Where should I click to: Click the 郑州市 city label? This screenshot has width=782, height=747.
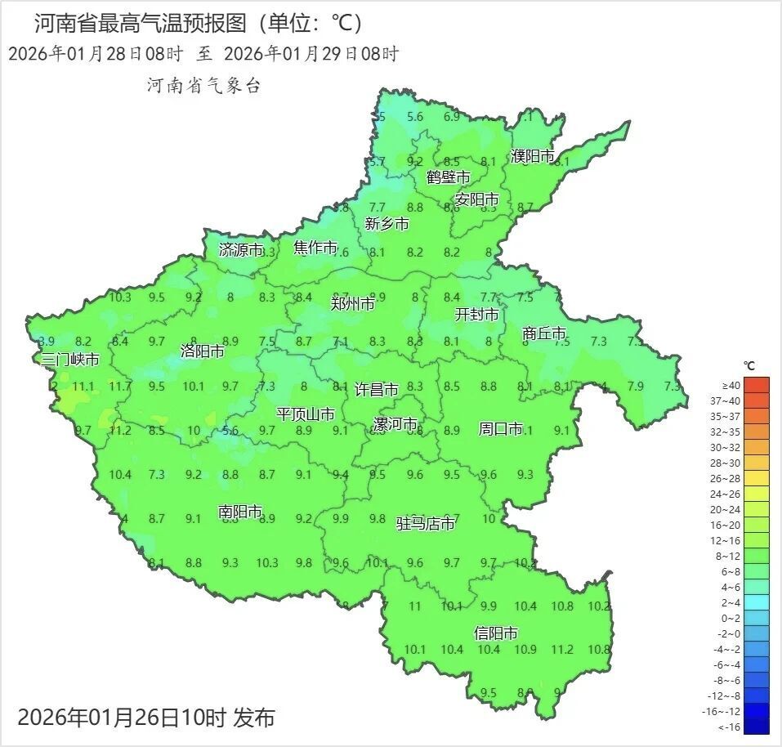[x=353, y=303]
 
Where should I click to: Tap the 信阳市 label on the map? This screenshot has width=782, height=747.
[x=496, y=633]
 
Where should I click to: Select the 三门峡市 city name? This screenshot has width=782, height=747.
[x=71, y=360]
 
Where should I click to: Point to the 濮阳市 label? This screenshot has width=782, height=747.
[x=533, y=156]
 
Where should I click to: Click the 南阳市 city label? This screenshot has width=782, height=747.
[x=240, y=512]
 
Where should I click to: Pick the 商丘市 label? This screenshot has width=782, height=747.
[x=544, y=333]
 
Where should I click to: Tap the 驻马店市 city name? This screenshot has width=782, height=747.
[x=426, y=524]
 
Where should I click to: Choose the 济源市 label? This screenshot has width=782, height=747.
[x=242, y=250]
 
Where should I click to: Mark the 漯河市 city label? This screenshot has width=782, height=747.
[x=395, y=425]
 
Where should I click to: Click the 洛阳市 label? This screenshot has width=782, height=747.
[x=203, y=351]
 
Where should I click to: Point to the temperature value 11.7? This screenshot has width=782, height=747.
[x=120, y=386]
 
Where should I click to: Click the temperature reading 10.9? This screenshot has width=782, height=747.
[x=526, y=650]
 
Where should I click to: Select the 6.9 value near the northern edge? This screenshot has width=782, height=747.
[x=452, y=117]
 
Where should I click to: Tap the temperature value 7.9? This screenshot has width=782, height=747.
[x=635, y=386]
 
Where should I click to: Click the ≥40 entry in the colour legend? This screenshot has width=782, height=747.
[x=731, y=385]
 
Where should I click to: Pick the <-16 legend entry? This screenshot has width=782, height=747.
[x=731, y=727]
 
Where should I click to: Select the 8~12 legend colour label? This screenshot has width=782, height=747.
[x=731, y=556]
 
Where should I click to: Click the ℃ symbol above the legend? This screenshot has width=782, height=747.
[x=749, y=365]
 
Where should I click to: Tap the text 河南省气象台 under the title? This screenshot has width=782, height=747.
[x=203, y=85]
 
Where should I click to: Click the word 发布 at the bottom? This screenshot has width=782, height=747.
[x=254, y=718]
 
